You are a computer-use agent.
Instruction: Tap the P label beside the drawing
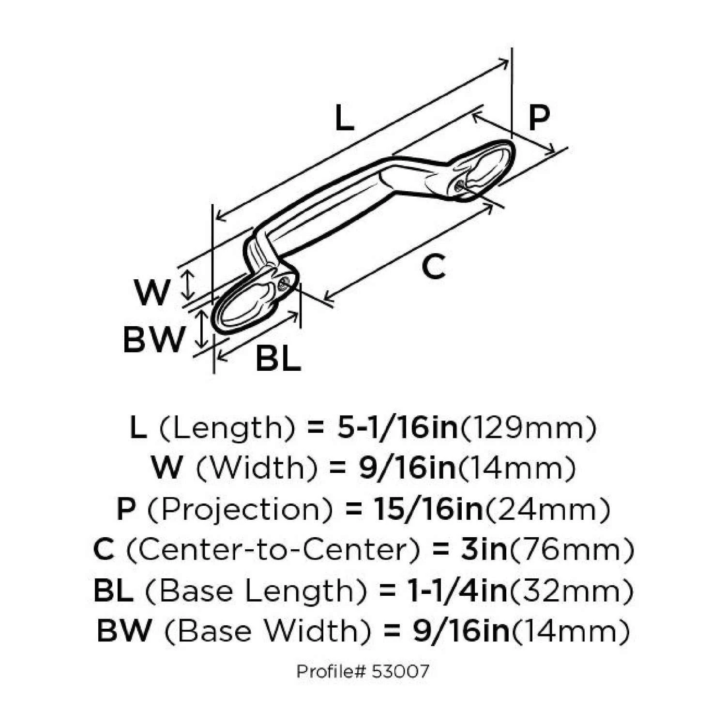[x=539, y=118]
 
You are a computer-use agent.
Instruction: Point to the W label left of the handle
[x=152, y=292]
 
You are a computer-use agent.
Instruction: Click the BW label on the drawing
[x=153, y=340]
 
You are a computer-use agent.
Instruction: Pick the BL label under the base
[x=278, y=359]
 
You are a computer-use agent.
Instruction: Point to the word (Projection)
[x=240, y=509]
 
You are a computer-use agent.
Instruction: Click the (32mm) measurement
[x=571, y=590]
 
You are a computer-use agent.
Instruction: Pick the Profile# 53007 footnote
[x=363, y=672]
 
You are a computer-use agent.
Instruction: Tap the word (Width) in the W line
[x=257, y=469]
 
